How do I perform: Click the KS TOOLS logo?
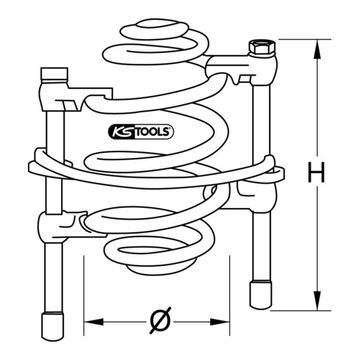tap(141, 132)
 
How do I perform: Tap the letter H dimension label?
tap(316, 172)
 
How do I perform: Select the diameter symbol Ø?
tap(160, 320)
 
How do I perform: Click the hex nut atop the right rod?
tap(262, 47)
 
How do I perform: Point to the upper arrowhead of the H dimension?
tap(317, 49)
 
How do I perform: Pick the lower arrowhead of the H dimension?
tap(317, 300)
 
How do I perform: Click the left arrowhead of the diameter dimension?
tap(93, 322)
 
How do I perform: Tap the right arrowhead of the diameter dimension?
tap(220, 322)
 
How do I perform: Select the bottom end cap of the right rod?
tap(261, 295)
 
